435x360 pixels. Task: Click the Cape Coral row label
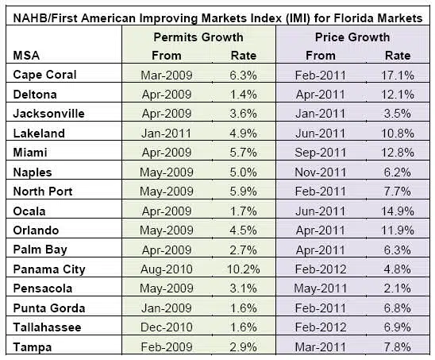44,75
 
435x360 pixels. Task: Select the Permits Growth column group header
198,37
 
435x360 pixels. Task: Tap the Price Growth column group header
352,37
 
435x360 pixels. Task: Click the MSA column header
26,56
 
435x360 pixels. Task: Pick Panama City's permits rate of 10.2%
244,269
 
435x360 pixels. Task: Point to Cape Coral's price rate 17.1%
398,75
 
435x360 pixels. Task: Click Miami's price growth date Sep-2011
321,153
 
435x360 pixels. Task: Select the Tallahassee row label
47,327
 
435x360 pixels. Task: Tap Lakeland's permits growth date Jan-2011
167,134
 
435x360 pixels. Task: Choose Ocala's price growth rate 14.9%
398,211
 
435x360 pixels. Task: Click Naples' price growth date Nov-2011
321,172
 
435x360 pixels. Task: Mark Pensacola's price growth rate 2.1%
398,288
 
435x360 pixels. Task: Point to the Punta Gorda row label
49,308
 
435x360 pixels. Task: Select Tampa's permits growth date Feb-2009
167,347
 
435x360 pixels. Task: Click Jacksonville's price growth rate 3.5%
398,114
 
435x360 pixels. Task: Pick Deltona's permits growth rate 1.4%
244,95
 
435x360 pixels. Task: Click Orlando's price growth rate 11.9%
398,230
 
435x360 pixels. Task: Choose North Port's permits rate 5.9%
244,192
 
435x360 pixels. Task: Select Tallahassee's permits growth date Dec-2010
167,327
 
